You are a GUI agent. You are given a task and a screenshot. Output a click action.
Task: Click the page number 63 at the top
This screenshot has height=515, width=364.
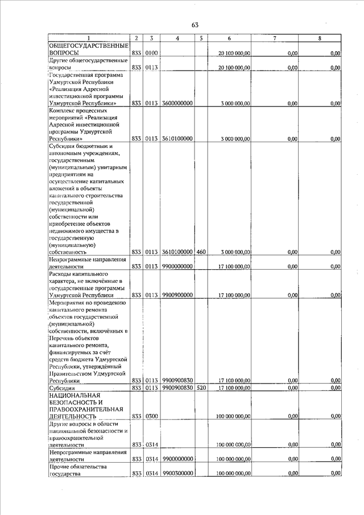tap(195, 24)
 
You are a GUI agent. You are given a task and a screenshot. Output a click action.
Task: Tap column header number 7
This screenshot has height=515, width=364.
tap(275, 38)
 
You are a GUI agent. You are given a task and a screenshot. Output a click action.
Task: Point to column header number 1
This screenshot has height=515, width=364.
tap(88, 38)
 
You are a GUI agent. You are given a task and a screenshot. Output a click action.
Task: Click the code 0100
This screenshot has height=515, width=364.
tap(151, 53)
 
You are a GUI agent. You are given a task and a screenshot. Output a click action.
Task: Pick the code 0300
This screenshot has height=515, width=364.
tap(151, 417)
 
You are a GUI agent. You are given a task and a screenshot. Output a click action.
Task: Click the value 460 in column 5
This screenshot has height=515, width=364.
tap(201, 251)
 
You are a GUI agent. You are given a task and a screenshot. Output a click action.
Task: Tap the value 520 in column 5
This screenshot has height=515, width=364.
tap(201, 388)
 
